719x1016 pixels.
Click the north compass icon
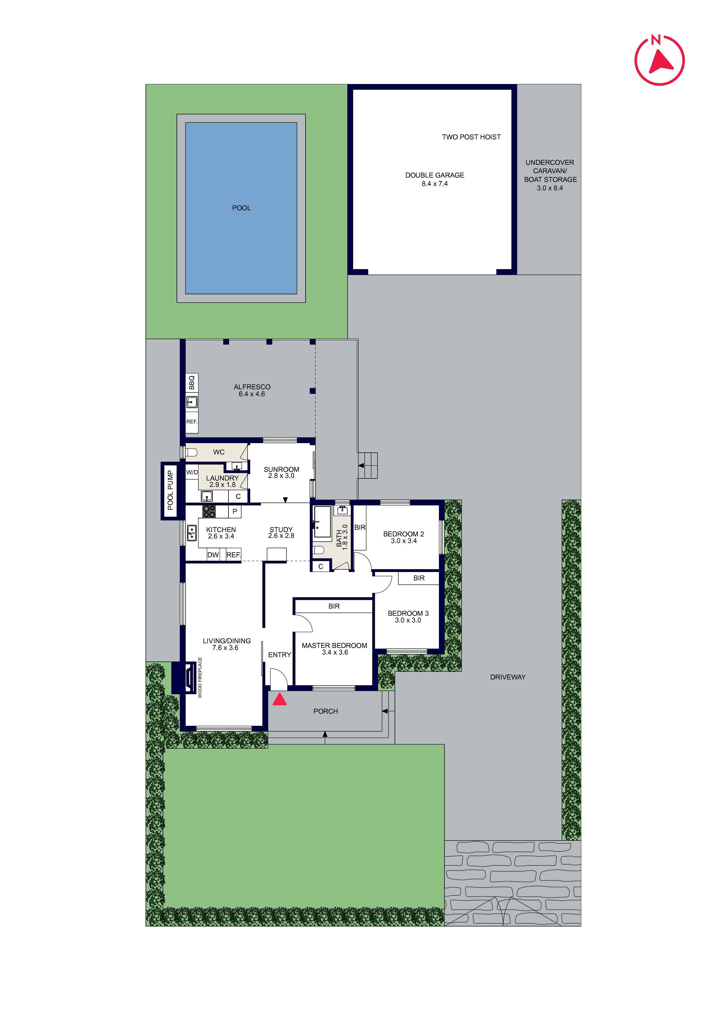(x=659, y=60)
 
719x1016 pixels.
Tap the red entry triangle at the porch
(x=279, y=700)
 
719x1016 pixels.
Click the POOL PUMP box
(x=170, y=490)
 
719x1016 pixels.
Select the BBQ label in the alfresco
(x=192, y=382)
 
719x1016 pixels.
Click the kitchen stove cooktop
(x=209, y=511)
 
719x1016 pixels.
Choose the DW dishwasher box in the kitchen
(x=213, y=555)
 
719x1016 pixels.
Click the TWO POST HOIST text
(x=471, y=137)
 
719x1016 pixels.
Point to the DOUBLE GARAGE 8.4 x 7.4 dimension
(x=435, y=184)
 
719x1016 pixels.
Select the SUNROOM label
(x=281, y=469)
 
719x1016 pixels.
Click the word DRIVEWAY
(x=508, y=677)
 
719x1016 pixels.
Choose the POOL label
(x=242, y=208)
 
